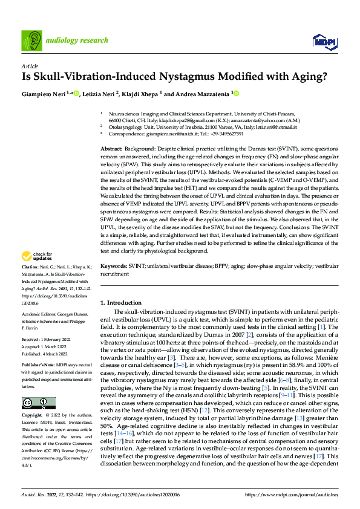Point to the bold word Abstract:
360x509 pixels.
[113, 148]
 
